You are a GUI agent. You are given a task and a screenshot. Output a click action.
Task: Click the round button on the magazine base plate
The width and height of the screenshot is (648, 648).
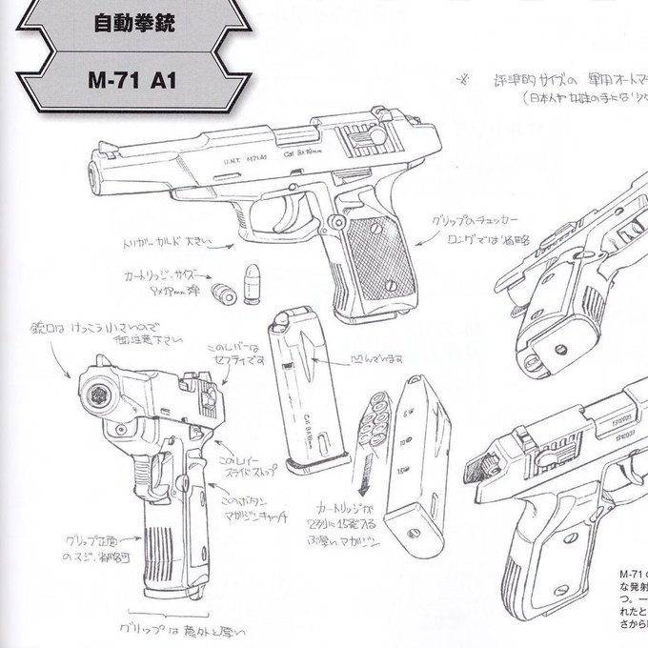tap(417, 540)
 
